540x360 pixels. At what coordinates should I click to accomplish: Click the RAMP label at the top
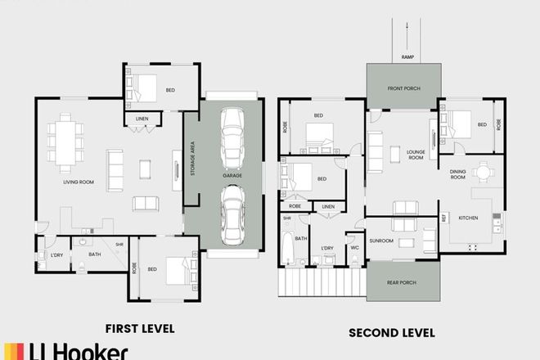pyautogui.click(x=407, y=56)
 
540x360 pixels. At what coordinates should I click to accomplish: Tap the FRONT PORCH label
pyautogui.click(x=404, y=88)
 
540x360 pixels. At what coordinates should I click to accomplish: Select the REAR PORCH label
pyautogui.click(x=403, y=282)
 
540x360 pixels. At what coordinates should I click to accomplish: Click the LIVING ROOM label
pyautogui.click(x=80, y=182)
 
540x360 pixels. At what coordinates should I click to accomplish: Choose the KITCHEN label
pyautogui.click(x=468, y=218)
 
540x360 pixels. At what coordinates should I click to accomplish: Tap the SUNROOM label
pyautogui.click(x=382, y=241)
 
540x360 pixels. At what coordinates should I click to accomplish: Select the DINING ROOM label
pyautogui.click(x=457, y=173)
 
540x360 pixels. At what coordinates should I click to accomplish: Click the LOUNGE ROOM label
pyautogui.click(x=416, y=153)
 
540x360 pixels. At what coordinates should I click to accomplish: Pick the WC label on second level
pyautogui.click(x=354, y=247)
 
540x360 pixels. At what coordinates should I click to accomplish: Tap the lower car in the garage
pyautogui.click(x=232, y=214)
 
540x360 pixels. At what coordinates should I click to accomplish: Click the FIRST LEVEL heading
pyautogui.click(x=140, y=329)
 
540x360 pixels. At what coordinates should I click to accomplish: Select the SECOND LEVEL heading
pyautogui.click(x=392, y=333)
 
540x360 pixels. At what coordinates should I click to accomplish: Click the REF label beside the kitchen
pyautogui.click(x=444, y=218)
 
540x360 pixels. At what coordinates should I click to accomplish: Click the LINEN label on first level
pyautogui.click(x=142, y=119)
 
